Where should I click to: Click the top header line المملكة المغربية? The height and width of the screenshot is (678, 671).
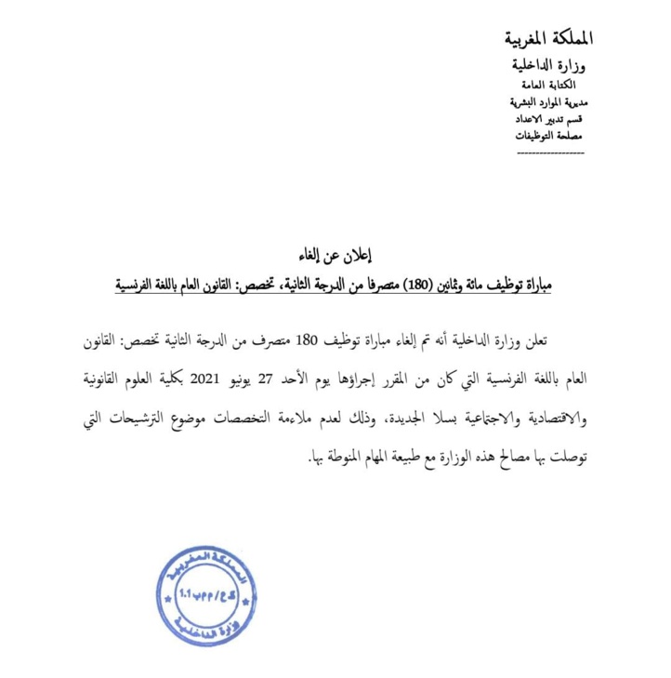pyautogui.click(x=545, y=40)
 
